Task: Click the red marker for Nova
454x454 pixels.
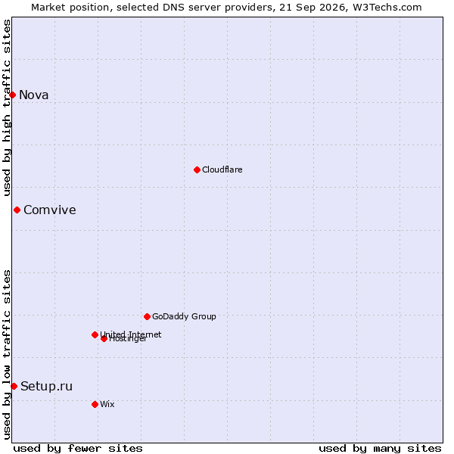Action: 12,95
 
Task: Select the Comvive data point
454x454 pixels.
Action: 17,210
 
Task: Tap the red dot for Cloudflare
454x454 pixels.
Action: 197,169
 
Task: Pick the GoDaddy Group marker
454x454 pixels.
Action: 147,316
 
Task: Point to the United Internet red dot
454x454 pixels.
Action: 95,334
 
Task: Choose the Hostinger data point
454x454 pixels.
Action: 104,338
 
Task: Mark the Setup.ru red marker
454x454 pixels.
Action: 14,386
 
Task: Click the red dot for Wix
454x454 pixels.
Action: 95,404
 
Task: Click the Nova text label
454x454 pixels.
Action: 34,95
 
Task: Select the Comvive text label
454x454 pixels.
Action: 50,210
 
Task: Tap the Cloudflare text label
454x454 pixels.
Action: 222,169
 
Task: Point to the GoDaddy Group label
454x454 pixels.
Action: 184,316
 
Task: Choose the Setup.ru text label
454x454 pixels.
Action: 46,387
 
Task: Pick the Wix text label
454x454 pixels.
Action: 107,404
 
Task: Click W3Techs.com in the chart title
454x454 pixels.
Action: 387,8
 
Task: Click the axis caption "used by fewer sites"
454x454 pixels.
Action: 78,449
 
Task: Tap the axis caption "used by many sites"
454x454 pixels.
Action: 380,449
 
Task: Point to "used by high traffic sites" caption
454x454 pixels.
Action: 7,107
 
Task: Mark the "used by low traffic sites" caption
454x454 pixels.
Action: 7,355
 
